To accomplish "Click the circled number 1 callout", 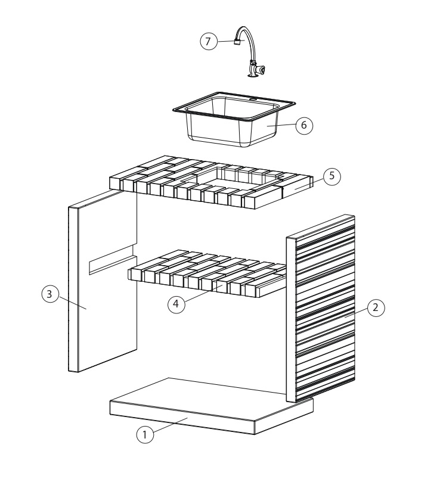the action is click(145, 434).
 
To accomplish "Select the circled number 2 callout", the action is click(376, 307).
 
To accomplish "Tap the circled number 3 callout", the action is click(50, 294).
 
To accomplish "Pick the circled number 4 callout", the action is click(176, 304).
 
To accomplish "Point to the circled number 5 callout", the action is click(331, 176).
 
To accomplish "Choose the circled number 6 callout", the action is click(304, 125).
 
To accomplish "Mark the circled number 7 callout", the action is click(209, 41).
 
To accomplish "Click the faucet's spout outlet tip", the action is click(236, 42).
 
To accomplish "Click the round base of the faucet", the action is click(252, 75).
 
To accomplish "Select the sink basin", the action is click(234, 119).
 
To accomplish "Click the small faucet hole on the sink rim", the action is click(253, 99).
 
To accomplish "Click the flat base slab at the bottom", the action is click(212, 406).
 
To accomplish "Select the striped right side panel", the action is click(321, 308).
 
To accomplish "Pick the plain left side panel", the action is click(103, 281).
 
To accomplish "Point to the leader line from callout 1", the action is click(171, 425).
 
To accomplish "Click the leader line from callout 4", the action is click(203, 293).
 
